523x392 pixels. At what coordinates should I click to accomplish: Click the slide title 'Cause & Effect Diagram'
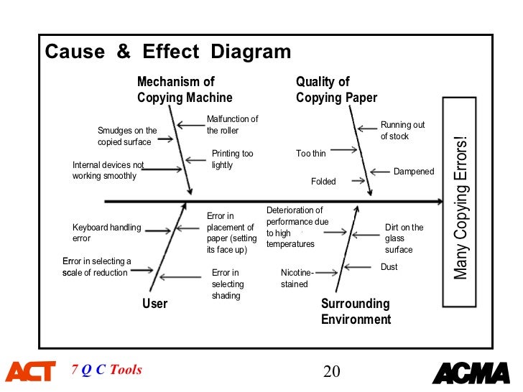pyautogui.click(x=168, y=52)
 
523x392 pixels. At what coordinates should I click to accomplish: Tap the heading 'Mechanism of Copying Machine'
pyautogui.click(x=185, y=90)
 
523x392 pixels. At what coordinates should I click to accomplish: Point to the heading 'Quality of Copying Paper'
pyautogui.click(x=336, y=90)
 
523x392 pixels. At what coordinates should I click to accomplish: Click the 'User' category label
pyautogui.click(x=154, y=304)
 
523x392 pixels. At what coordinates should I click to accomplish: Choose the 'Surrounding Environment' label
pyautogui.click(x=356, y=312)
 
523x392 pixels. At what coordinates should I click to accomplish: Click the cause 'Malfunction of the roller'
pyautogui.click(x=232, y=125)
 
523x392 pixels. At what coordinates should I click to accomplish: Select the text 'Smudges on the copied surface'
pyautogui.click(x=127, y=136)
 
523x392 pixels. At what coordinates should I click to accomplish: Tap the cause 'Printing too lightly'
pyautogui.click(x=232, y=159)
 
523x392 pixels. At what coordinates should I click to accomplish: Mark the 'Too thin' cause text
pyautogui.click(x=310, y=154)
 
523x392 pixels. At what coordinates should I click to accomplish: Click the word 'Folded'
pyautogui.click(x=323, y=182)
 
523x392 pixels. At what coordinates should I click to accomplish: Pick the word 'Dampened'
pyautogui.click(x=414, y=172)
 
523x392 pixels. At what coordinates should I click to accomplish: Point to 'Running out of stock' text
pyautogui.click(x=402, y=130)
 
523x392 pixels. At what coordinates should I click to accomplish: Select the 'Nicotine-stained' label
pyautogui.click(x=297, y=278)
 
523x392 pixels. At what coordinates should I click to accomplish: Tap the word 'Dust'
pyautogui.click(x=389, y=267)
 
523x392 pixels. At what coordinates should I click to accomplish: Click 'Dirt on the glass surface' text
pyautogui.click(x=404, y=238)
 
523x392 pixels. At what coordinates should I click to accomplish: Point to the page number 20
pyautogui.click(x=331, y=371)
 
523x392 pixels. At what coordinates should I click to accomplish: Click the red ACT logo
pyautogui.click(x=30, y=372)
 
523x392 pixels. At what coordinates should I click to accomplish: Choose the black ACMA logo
pyautogui.click(x=471, y=373)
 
